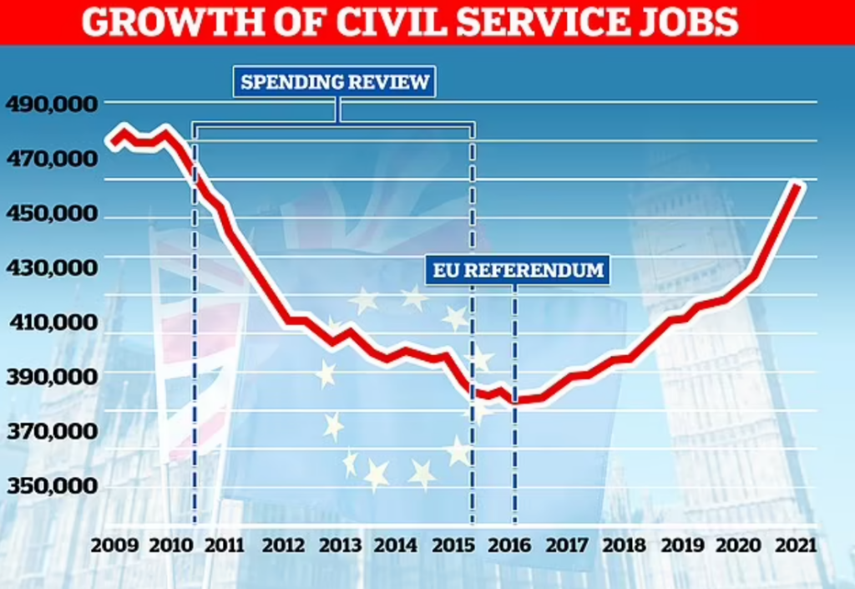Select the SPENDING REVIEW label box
point(335,82)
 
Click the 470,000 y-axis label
point(52,159)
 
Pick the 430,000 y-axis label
point(52,268)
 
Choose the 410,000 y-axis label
point(52,322)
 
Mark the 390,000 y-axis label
point(52,378)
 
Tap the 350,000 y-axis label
point(52,486)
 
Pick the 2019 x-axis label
point(683,546)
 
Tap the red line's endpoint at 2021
point(799,185)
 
